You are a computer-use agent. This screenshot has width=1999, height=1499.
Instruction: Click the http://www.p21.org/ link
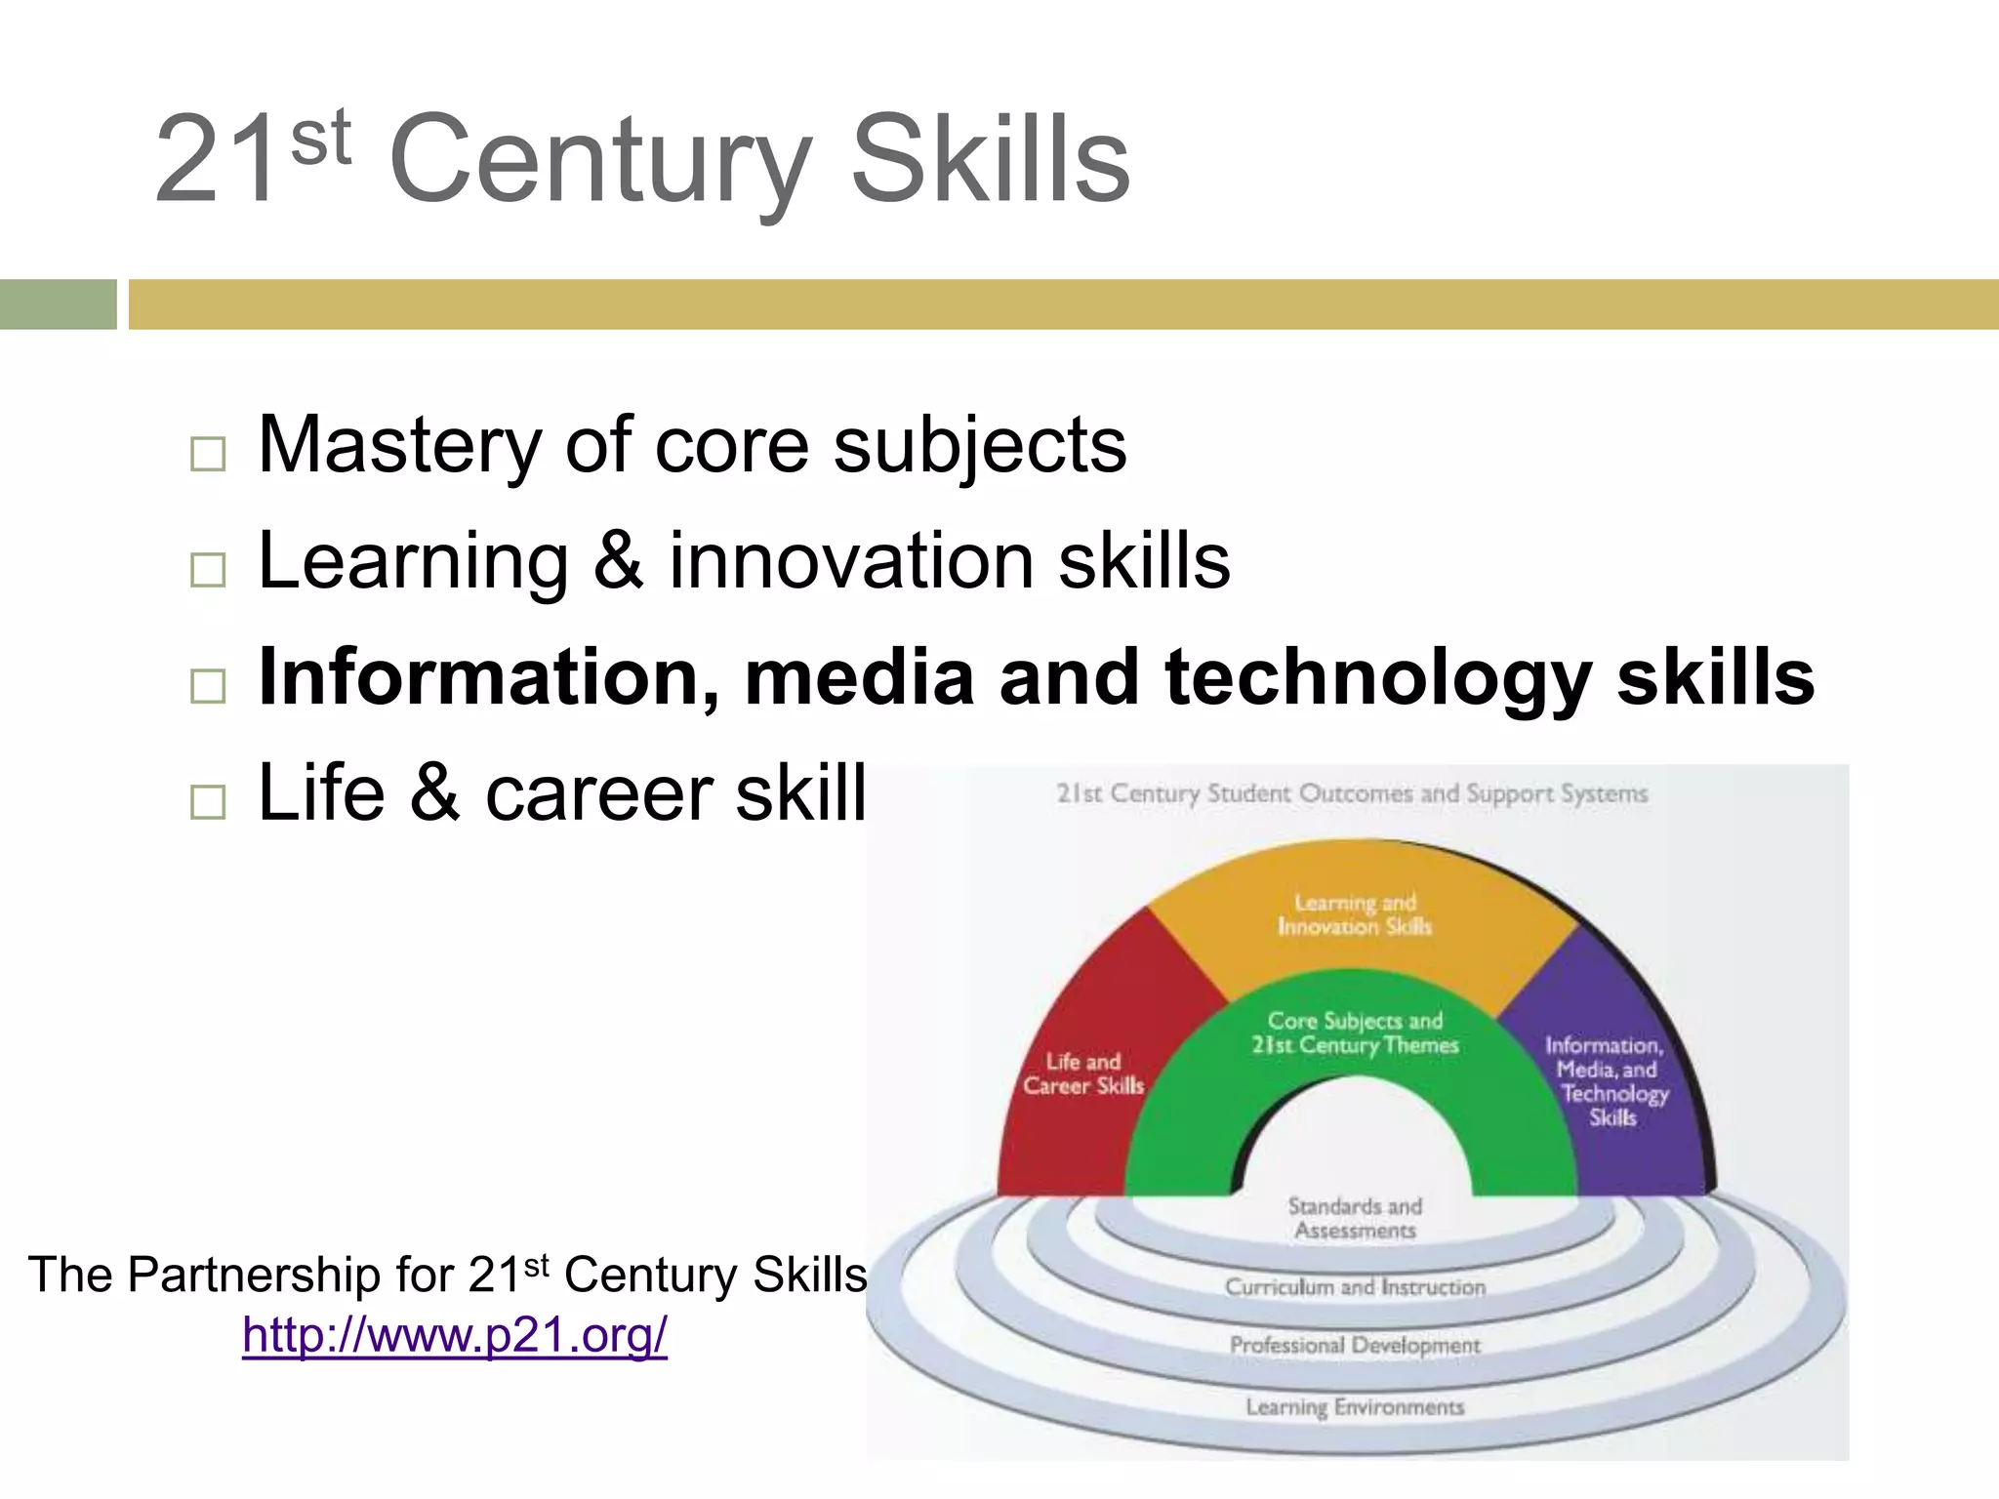click(x=455, y=1335)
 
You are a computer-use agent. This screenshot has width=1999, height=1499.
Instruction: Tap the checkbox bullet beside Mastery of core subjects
click(x=208, y=454)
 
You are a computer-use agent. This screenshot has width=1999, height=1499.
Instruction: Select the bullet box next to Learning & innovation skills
click(x=208, y=570)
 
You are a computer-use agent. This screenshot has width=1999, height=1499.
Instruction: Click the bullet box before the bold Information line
click(x=208, y=686)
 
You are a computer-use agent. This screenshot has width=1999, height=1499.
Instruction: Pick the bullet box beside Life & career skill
click(x=208, y=801)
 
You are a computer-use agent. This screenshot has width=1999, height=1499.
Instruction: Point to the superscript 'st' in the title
click(x=320, y=138)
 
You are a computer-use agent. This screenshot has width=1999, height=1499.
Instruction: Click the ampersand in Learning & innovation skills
click(x=618, y=561)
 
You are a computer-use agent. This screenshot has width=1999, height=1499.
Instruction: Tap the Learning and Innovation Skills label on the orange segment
click(x=1355, y=914)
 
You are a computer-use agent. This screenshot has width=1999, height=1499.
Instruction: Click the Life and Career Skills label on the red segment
click(x=1083, y=1074)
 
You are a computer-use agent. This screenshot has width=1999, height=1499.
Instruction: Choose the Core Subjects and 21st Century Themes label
click(x=1355, y=1033)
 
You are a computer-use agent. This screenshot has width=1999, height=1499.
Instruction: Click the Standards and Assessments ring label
click(x=1355, y=1218)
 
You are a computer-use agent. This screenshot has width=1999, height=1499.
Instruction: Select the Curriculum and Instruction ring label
click(x=1355, y=1287)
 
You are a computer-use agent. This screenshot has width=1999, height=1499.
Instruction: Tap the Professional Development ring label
click(x=1355, y=1345)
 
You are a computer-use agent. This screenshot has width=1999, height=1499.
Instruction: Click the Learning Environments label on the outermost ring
click(x=1355, y=1406)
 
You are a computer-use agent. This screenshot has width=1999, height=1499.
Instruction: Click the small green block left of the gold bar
click(x=58, y=304)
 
